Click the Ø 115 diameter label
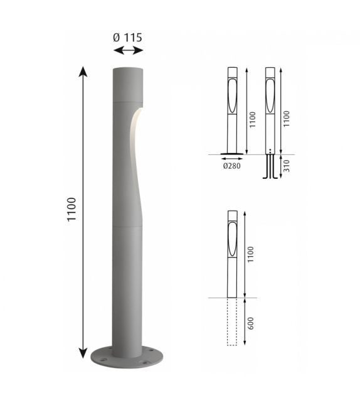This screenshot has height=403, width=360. click(x=128, y=37)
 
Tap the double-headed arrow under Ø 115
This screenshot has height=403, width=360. click(x=128, y=50)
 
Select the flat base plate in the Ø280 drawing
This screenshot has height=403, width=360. click(x=233, y=153)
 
